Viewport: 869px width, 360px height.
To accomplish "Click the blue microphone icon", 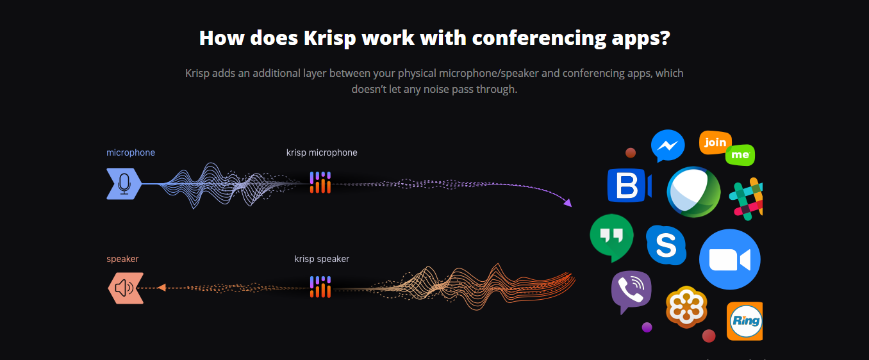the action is [124, 184].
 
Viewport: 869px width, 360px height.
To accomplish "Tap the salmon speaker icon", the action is [126, 288].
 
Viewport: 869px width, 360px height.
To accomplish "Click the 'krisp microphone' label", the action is [322, 152].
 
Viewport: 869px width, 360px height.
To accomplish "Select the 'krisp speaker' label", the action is [322, 259].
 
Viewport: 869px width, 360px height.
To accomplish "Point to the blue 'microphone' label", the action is [131, 152].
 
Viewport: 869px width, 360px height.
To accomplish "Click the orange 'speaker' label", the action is [122, 259].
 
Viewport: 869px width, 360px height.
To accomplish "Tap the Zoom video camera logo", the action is [730, 259].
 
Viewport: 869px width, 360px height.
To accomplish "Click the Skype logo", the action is [666, 245].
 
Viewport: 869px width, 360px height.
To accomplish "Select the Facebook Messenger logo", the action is [668, 145].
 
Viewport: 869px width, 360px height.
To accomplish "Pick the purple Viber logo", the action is [631, 291].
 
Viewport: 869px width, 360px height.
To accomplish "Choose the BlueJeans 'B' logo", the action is [629, 185].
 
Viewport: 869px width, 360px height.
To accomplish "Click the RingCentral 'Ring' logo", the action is [745, 321].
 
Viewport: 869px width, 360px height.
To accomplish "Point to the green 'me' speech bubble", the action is [740, 155].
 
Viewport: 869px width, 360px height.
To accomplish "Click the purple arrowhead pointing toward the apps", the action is [568, 202].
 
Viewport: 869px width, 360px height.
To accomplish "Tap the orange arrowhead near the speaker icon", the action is [161, 288].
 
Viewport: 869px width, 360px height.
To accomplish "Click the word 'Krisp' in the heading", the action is [330, 38].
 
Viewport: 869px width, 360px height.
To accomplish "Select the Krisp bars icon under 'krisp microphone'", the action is [320, 183].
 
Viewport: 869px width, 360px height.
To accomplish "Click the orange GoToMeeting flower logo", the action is [686, 307].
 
